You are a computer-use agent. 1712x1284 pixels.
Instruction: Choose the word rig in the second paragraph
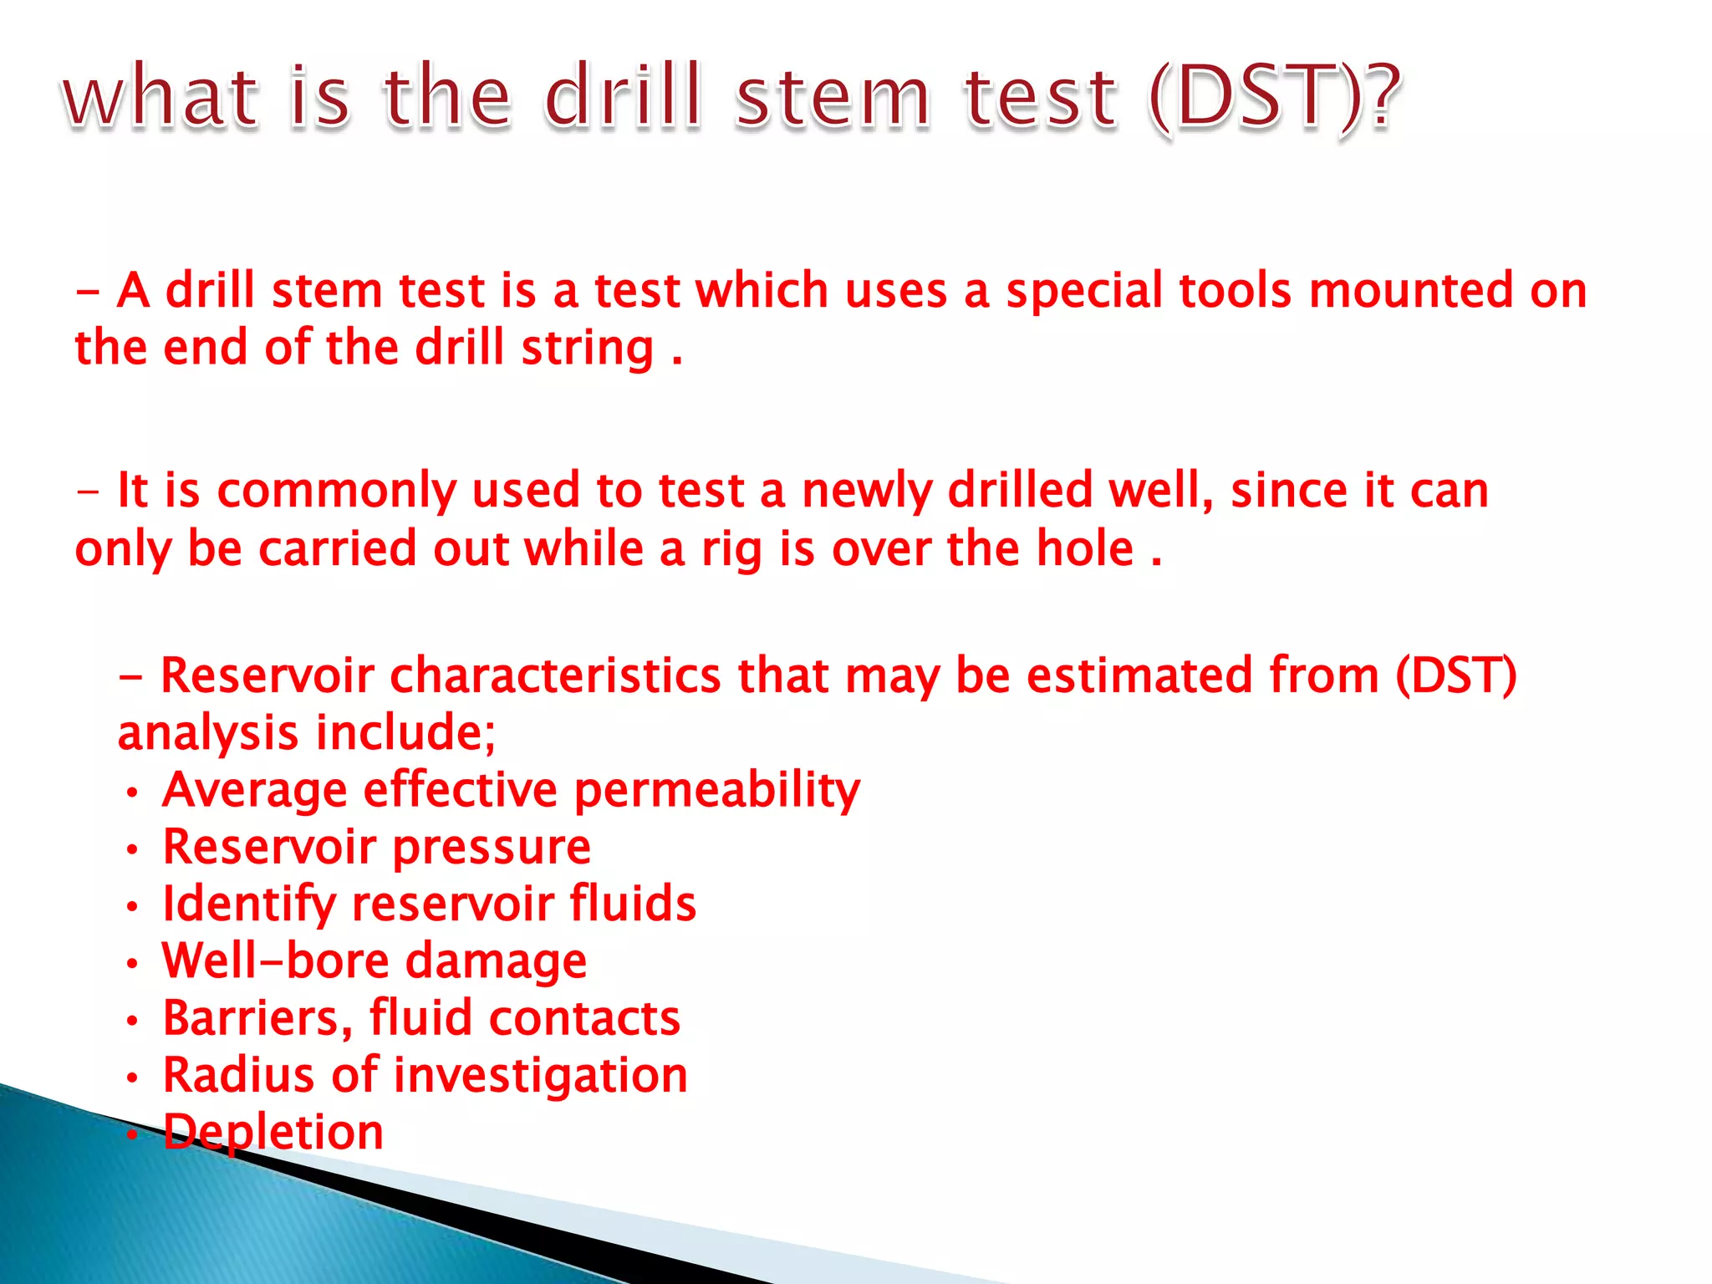pyautogui.click(x=731, y=551)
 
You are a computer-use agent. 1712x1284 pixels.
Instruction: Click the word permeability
pyautogui.click(x=717, y=791)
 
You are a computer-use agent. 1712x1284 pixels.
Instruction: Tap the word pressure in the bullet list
pyautogui.click(x=492, y=848)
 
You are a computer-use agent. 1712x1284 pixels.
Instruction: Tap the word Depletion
pyautogui.click(x=273, y=1133)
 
